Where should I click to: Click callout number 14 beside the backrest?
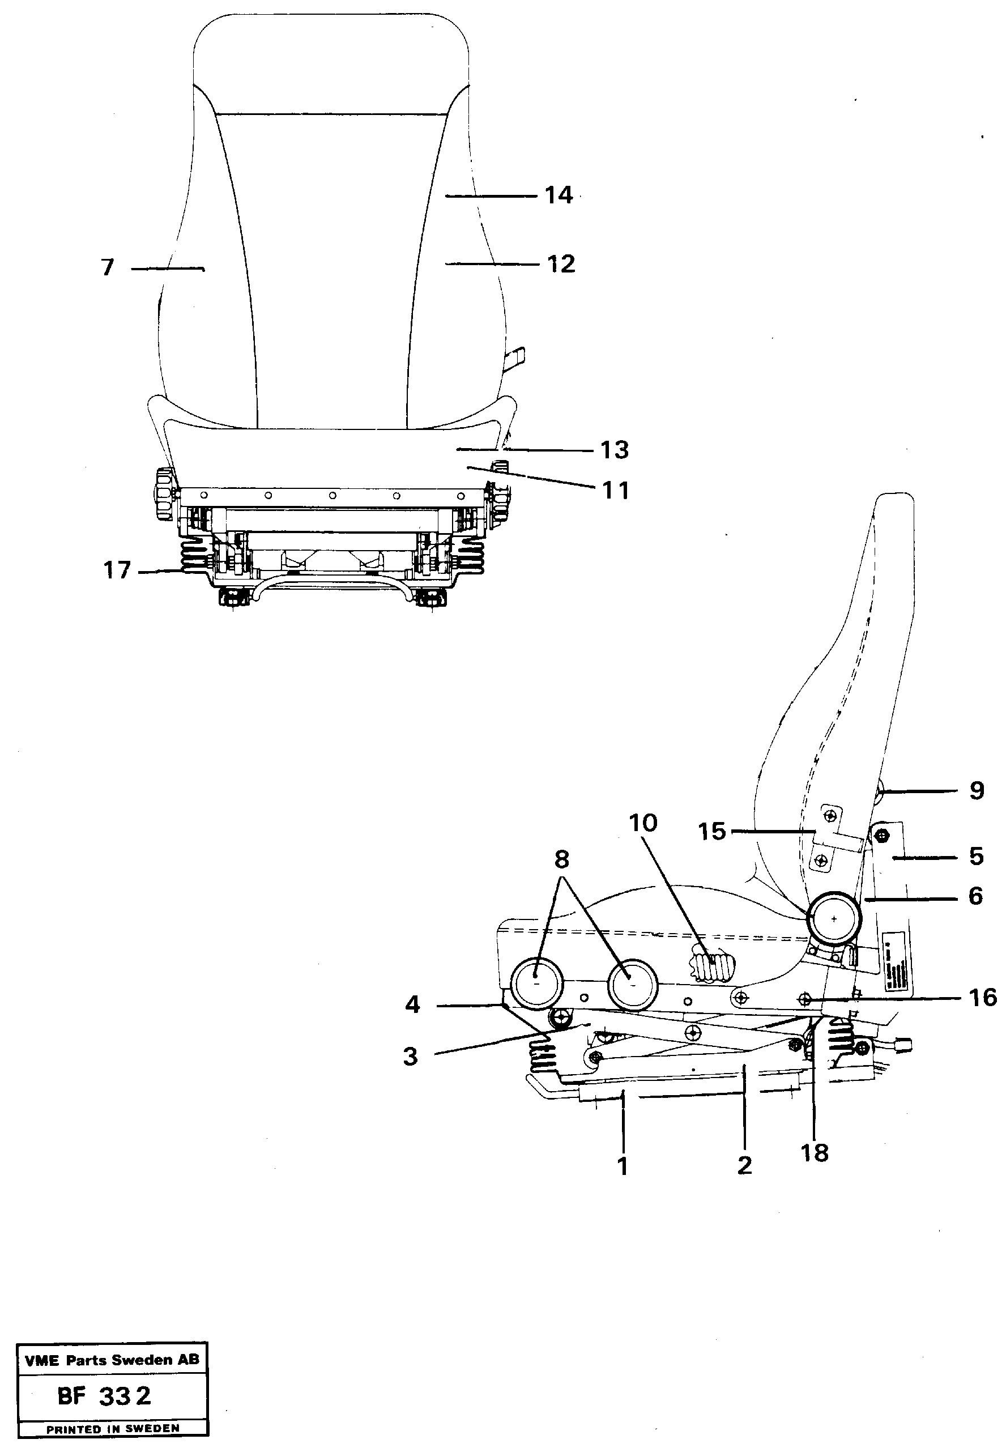pyautogui.click(x=559, y=195)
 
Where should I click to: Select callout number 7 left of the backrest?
pyautogui.click(x=108, y=267)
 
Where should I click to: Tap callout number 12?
pyautogui.click(x=561, y=263)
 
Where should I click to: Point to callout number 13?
pyautogui.click(x=614, y=450)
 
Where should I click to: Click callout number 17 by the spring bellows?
pyautogui.click(x=117, y=570)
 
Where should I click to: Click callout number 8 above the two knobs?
pyautogui.click(x=561, y=859)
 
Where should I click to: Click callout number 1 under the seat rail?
pyautogui.click(x=623, y=1166)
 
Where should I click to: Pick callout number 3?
pyautogui.click(x=410, y=1056)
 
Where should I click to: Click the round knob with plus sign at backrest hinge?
pyautogui.click(x=834, y=918)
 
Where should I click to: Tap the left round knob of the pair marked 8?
pyautogui.click(x=536, y=984)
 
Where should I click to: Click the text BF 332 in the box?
pyautogui.click(x=105, y=1396)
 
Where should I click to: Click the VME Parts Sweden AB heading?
pyautogui.click(x=112, y=1360)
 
